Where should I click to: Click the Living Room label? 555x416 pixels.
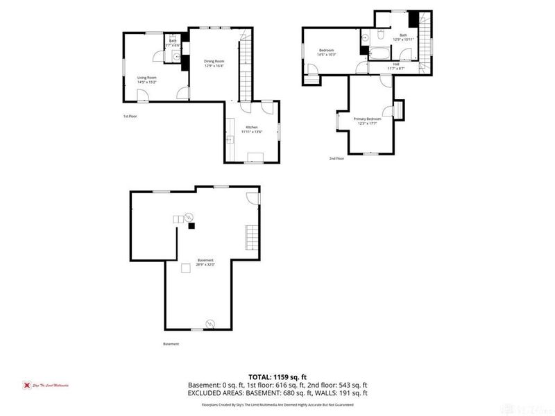[x=146, y=80]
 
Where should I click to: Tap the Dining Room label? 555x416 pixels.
[x=213, y=64]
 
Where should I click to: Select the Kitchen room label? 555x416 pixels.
[x=251, y=129]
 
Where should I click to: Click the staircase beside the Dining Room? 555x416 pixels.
[x=246, y=69]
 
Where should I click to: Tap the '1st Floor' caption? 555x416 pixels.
[x=130, y=116]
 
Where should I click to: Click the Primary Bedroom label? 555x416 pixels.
[x=368, y=121]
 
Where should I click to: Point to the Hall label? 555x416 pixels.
[x=395, y=67]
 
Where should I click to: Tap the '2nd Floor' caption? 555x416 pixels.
[x=336, y=159]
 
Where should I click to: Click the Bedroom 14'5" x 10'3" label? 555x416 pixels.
[x=327, y=53]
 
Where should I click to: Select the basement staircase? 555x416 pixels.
[x=250, y=238]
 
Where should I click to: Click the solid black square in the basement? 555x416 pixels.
[x=193, y=225]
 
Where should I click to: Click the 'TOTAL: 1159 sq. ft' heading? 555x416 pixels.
[x=277, y=376]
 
